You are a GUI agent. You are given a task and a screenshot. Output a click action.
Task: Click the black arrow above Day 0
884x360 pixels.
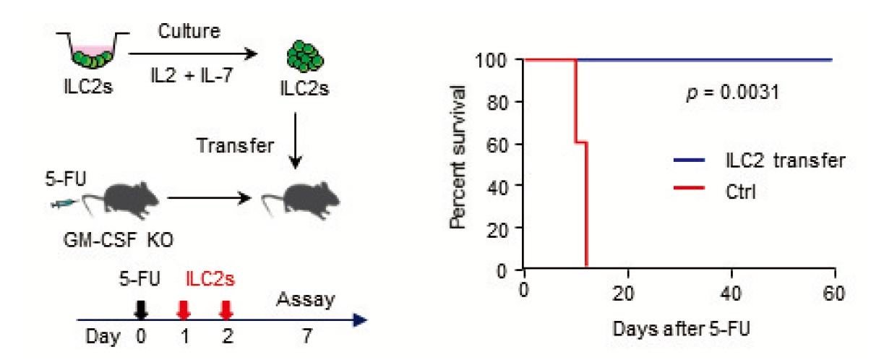(x=142, y=309)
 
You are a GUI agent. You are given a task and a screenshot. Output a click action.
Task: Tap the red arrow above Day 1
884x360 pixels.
(x=184, y=309)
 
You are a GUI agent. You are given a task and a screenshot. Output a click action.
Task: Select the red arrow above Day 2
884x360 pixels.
(x=226, y=309)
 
